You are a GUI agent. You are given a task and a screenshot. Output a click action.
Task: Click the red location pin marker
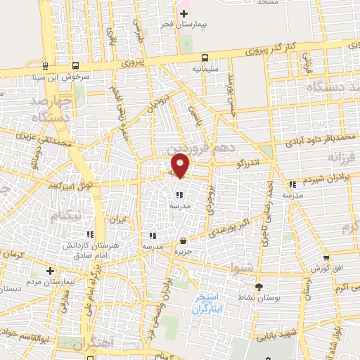pos(181,165)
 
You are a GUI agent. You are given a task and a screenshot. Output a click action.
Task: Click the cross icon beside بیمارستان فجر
pos(184,13)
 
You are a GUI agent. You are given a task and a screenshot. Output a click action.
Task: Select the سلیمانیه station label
pos(205,70)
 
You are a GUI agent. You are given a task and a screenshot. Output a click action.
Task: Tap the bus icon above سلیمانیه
pos(205,58)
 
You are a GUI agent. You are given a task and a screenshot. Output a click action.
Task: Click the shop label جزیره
pos(183,250)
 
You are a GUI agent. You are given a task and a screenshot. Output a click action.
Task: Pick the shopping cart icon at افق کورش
pos(326,259)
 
